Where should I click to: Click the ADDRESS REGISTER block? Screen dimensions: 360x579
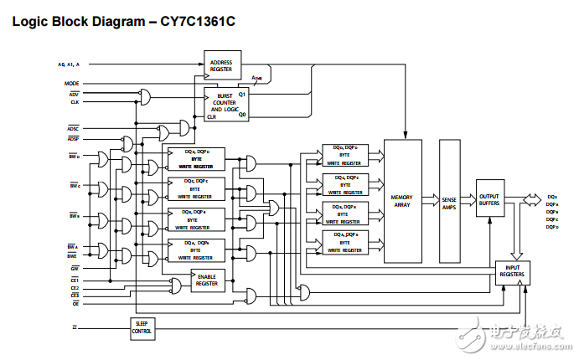tap(221, 64)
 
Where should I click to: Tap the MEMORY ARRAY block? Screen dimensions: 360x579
tap(402, 202)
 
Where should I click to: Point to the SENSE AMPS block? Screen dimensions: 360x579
tap(449, 202)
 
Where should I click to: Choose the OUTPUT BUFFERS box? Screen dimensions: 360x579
tap(489, 198)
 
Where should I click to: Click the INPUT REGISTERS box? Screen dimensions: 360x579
tap(512, 270)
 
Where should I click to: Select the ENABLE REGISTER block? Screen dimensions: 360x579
tap(207, 280)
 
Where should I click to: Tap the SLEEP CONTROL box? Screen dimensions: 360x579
tap(142, 328)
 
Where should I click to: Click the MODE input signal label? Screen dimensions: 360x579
tap(72, 84)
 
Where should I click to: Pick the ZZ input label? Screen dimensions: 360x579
tap(75, 326)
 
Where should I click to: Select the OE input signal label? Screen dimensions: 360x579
tap(74, 303)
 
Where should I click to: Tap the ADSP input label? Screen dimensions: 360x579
tap(73, 138)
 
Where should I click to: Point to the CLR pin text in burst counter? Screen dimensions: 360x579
tap(212, 117)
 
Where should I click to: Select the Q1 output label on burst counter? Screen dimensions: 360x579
tap(242, 95)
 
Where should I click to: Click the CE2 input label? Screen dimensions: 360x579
tap(74, 287)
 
